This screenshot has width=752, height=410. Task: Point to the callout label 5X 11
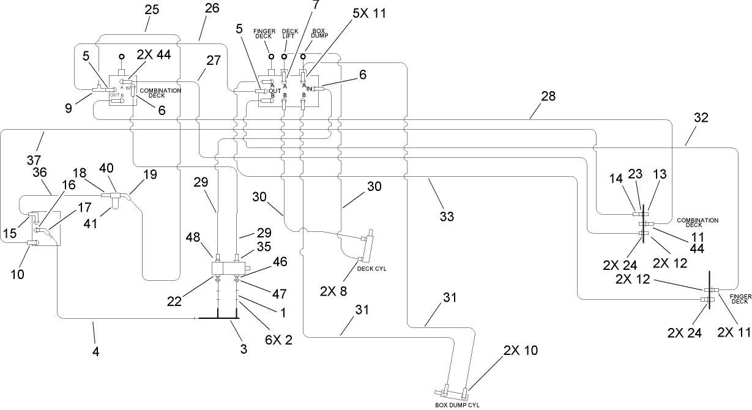369,13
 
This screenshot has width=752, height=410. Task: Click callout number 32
701,118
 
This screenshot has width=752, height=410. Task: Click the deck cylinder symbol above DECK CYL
367,247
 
